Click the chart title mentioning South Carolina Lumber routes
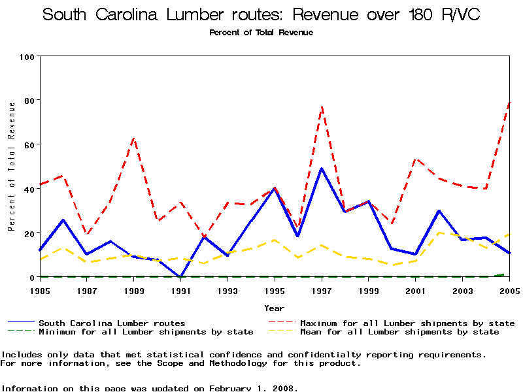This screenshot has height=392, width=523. [x=261, y=15]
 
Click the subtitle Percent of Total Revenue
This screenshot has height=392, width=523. [x=261, y=33]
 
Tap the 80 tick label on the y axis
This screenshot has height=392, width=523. [x=29, y=101]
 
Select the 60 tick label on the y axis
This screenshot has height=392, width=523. [x=29, y=144]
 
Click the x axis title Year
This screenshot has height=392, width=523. [x=274, y=308]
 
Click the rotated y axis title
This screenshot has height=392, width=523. [x=11, y=167]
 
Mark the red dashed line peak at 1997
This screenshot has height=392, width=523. [x=322, y=106]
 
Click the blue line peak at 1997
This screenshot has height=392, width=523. [x=322, y=169]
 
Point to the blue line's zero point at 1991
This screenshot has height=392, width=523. [x=180, y=276]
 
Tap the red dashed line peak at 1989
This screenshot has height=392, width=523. [x=134, y=138]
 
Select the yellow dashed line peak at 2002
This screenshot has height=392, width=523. [x=439, y=233]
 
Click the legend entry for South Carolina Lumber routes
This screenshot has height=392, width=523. [x=112, y=323]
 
